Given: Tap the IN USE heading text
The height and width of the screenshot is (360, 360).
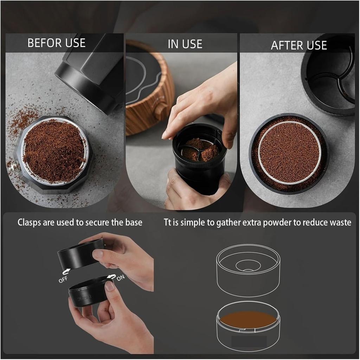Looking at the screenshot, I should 185,44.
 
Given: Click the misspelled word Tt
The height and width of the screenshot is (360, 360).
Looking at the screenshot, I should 168,222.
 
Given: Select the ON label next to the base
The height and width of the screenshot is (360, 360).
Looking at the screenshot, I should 121,278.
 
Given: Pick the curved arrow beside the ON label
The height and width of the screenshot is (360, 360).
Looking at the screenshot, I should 111,277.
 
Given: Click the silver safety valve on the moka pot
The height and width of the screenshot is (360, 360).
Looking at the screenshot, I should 14,167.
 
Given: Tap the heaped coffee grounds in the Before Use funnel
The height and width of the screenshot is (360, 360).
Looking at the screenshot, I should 54,150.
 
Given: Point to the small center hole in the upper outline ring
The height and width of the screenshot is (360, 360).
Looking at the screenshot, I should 248,265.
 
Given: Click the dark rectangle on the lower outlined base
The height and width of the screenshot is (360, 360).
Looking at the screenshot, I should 249,341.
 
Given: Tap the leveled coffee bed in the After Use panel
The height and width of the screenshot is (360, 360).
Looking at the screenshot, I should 289,152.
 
